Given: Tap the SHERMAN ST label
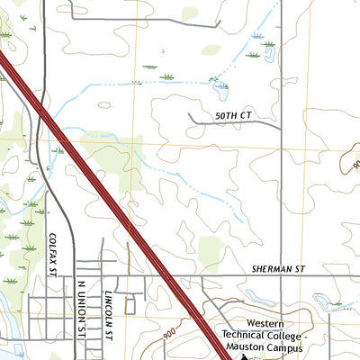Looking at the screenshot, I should pyautogui.click(x=279, y=268).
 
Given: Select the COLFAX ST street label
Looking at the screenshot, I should pyautogui.click(x=53, y=255).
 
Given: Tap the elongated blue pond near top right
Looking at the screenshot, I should pyautogui.click(x=269, y=53).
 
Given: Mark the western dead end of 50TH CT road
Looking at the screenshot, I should pyautogui.click(x=189, y=114).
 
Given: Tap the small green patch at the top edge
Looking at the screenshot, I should pyautogui.click(x=189, y=13).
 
